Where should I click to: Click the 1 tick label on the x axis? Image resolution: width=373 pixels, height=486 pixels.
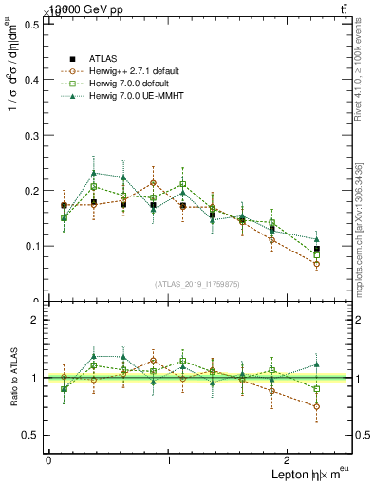[169, 460]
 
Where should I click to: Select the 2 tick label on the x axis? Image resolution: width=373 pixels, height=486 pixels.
[289, 460]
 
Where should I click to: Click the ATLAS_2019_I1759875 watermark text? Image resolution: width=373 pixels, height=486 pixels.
[197, 284]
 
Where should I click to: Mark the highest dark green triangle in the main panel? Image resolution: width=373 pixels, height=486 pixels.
[93, 173]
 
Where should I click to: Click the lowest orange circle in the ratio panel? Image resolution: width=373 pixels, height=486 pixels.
[316, 406]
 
